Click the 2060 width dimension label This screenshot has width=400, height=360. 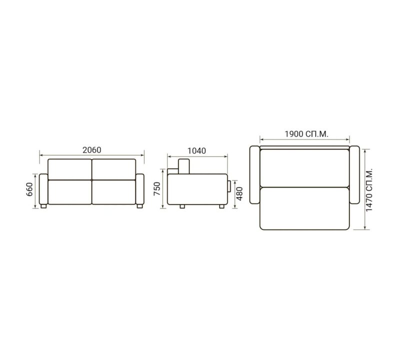coord(92,150)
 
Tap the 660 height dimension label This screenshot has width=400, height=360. coord(29,189)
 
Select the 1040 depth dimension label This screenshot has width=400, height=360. coord(196,151)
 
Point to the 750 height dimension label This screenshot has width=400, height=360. coord(157,189)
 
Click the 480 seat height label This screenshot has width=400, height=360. coord(239,193)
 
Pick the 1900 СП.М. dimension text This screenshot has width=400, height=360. coord(306,134)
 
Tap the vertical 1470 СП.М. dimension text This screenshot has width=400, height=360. coord(369,189)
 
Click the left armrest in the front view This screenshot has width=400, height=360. coord(43,189)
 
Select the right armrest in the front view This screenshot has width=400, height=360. coord(140,189)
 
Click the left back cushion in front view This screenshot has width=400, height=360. coord(70,169)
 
